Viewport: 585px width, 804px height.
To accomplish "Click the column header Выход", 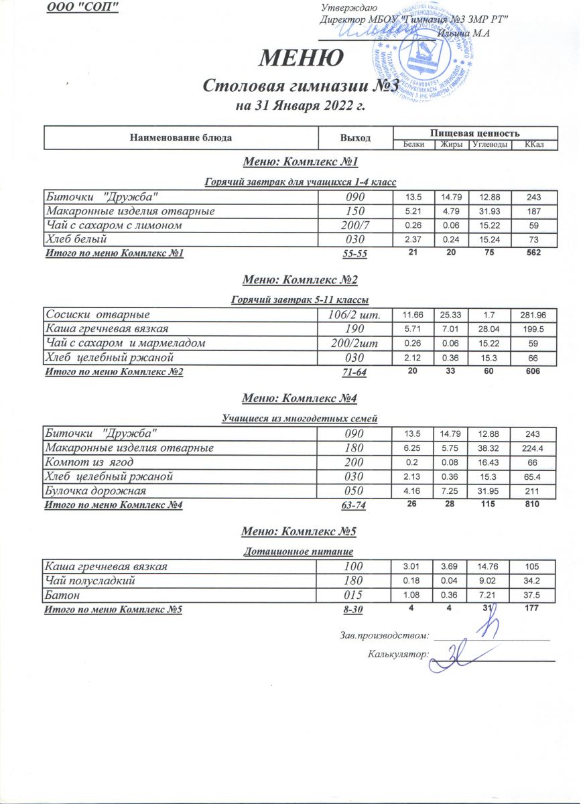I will coord(355,137).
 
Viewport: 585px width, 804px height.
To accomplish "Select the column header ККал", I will coord(534,145).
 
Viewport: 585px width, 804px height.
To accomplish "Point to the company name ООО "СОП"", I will coord(82,7).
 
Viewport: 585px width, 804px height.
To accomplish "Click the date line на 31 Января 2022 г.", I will coord(300,106).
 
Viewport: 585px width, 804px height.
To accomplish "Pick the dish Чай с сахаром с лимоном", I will coord(113,226).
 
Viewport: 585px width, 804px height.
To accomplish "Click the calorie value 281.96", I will coord(534,315).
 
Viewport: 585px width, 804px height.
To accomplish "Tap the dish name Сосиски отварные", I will coord(98,314).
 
